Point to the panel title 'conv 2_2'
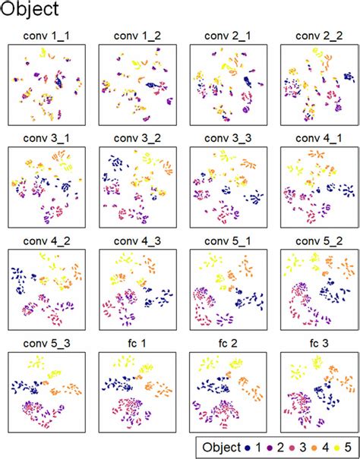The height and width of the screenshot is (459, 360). click(x=314, y=36)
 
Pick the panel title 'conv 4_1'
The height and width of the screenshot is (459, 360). click(x=314, y=138)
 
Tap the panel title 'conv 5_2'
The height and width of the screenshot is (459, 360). click(x=314, y=241)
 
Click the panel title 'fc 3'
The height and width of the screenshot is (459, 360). click(x=314, y=344)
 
